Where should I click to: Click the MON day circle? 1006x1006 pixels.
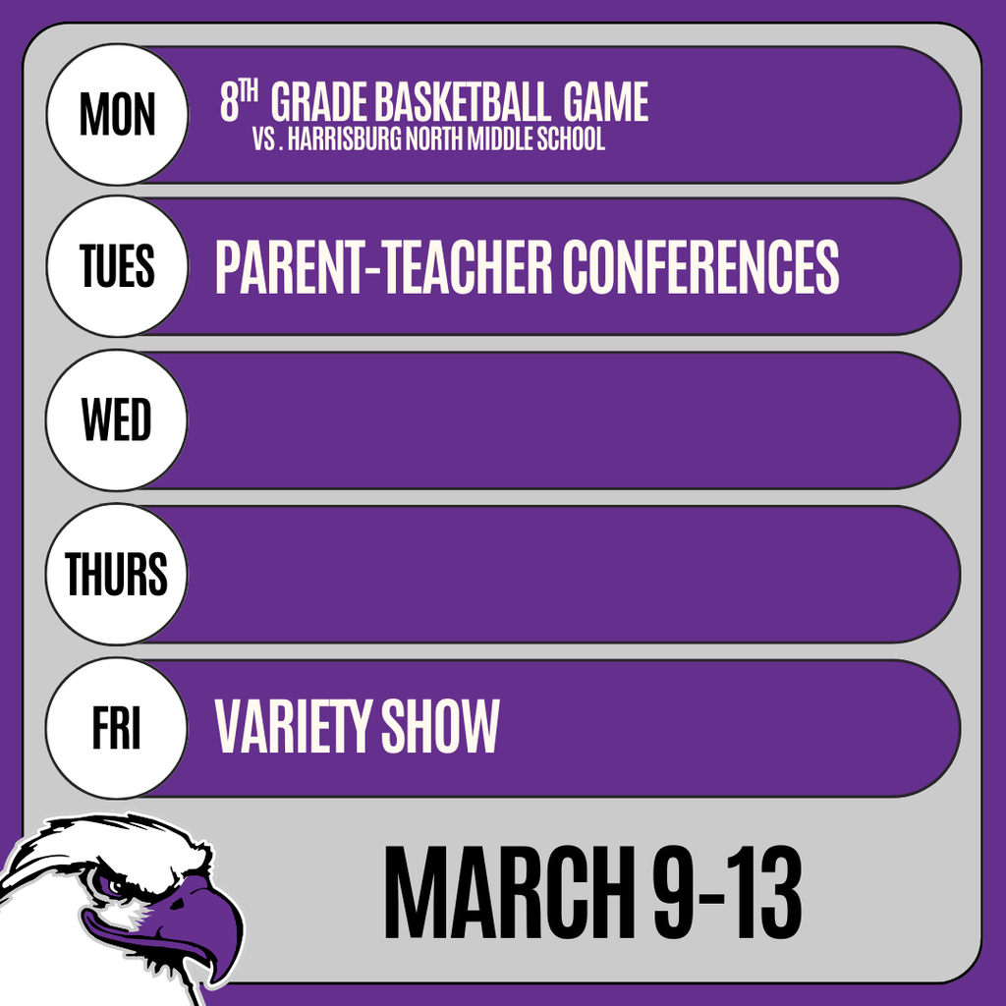point(116,114)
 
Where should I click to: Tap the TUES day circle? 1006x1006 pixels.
point(116,266)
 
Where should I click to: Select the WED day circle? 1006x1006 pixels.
point(116,420)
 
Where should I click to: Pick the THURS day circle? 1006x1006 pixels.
point(116,575)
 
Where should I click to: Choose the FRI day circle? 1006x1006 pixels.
point(116,728)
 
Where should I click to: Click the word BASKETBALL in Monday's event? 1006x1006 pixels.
point(462,103)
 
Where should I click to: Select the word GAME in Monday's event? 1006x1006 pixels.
point(605,103)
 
